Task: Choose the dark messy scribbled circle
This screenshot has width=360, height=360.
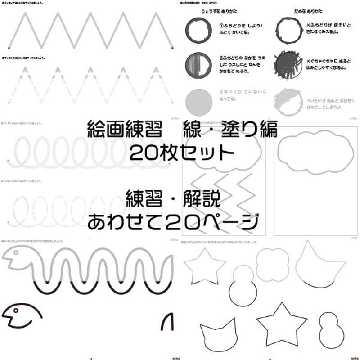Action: (288, 64)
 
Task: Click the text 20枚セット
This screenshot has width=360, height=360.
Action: (181, 153)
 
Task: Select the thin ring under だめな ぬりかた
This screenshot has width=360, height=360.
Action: (288, 31)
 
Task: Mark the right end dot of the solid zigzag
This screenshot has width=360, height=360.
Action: (173, 46)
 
